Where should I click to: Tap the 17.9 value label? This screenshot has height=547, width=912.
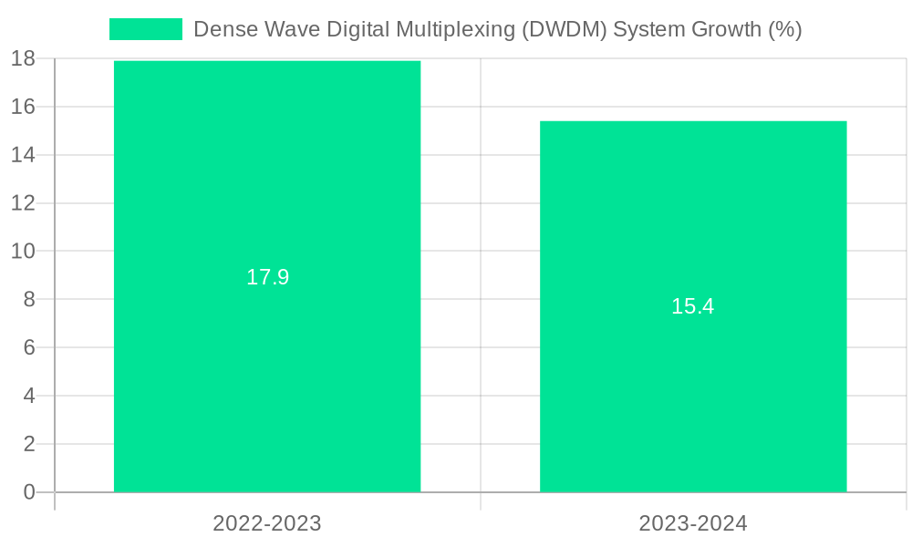(x=267, y=277)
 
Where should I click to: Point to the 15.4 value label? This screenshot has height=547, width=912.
(x=693, y=306)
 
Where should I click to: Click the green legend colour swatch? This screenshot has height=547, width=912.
(x=146, y=29)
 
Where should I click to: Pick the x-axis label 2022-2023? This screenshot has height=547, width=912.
(x=267, y=523)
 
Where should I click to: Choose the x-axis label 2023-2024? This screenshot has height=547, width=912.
(x=693, y=523)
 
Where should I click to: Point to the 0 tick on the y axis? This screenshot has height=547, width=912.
(x=28, y=492)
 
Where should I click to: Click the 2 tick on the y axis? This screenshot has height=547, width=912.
(x=28, y=444)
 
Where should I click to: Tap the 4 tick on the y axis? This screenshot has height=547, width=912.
(x=28, y=396)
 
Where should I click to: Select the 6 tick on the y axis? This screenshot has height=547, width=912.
(x=28, y=347)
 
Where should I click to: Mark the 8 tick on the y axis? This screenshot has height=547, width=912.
(x=28, y=299)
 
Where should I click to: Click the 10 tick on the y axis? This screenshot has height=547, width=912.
(x=23, y=251)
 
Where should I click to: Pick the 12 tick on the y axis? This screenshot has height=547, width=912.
(x=23, y=202)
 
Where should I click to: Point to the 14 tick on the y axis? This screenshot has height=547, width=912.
(x=23, y=155)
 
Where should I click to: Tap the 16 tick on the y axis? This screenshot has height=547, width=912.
(x=23, y=107)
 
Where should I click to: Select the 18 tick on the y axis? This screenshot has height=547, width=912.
(x=23, y=58)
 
